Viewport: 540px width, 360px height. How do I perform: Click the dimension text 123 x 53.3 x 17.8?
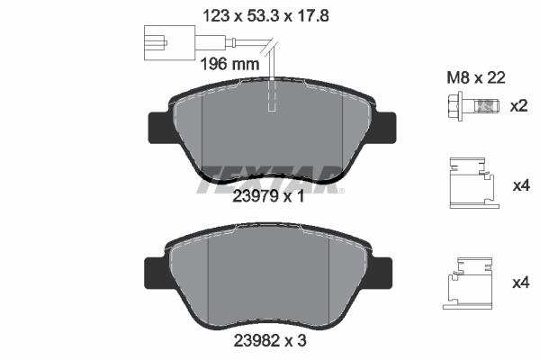(265, 16)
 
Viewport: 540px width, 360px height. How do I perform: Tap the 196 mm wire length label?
(229, 64)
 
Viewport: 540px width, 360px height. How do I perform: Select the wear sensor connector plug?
(170, 43)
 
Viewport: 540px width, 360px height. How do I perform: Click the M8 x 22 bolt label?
(476, 77)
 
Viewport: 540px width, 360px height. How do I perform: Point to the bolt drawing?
(473, 106)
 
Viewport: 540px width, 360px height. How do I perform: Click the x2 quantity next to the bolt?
(518, 106)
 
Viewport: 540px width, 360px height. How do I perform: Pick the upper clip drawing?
(474, 183)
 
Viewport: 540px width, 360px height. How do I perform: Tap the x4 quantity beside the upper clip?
(521, 186)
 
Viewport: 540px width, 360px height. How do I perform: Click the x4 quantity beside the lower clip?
(521, 283)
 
